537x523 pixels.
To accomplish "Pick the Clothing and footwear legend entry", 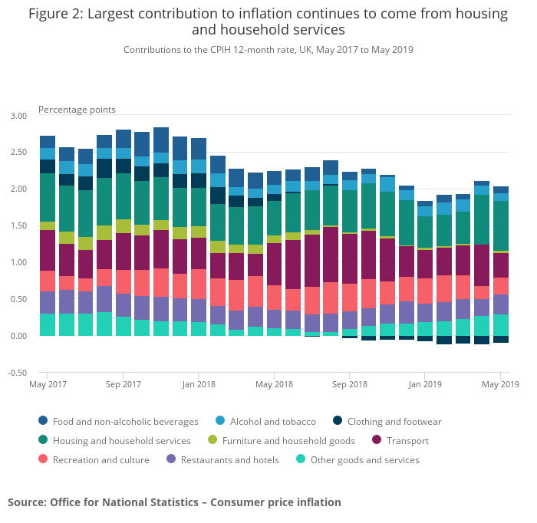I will [394, 421].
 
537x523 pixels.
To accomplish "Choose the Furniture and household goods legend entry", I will [288, 441].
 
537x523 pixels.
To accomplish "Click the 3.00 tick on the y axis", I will [18, 116].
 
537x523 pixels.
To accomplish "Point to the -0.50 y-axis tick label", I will [18, 373].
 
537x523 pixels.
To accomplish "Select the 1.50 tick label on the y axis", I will [18, 226].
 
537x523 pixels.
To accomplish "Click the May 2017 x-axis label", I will [48, 383].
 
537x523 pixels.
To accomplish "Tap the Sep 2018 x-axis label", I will [349, 383].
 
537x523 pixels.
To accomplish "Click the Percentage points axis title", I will [77, 110].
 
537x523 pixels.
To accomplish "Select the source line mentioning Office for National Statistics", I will [174, 502].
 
